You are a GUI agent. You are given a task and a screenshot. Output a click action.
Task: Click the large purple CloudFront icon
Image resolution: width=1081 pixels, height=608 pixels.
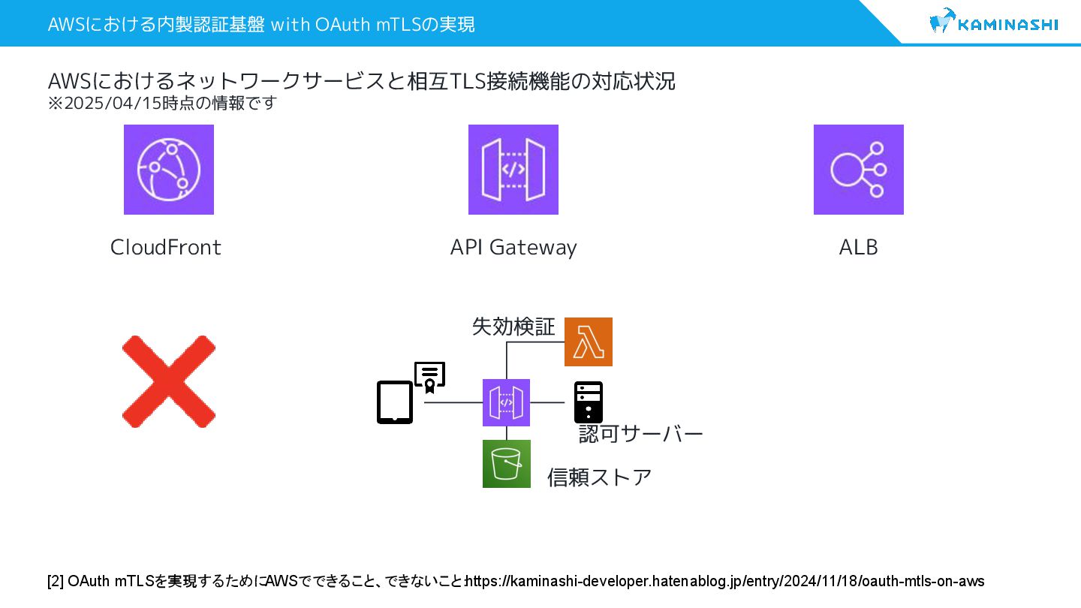169,170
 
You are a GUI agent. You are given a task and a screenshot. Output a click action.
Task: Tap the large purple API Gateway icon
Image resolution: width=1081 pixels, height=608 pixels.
513,170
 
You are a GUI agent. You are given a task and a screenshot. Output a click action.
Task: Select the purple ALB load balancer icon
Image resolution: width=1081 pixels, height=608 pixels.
859,170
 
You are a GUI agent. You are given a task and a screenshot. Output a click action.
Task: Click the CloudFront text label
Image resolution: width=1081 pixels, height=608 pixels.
166,247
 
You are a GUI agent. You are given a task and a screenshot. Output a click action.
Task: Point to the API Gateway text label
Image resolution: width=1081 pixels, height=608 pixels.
513,247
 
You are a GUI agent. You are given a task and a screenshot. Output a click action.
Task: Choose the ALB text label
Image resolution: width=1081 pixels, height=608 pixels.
858,247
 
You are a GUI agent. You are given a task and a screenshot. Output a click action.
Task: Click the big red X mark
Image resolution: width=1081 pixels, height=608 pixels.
169,381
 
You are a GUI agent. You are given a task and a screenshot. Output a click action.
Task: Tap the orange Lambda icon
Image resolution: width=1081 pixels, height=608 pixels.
589,342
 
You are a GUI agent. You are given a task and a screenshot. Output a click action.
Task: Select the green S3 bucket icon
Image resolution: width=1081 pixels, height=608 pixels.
507,464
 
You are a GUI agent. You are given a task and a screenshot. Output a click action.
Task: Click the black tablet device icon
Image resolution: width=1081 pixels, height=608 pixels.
395,402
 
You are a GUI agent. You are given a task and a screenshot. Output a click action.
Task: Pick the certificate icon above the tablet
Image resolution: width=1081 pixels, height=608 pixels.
429,378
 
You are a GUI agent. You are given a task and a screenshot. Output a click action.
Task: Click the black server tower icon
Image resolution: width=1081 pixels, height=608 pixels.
589,402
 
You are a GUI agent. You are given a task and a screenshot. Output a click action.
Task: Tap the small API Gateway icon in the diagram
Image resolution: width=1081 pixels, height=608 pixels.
506,402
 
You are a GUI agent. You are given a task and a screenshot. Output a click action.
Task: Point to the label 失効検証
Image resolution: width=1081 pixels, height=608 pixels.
513,327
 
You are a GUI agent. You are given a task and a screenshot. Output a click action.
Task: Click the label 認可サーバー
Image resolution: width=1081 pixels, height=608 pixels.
640,434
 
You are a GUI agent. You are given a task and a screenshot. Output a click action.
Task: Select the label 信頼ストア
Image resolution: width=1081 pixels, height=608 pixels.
599,477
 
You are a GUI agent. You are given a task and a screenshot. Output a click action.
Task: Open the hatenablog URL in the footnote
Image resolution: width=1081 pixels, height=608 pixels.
726,581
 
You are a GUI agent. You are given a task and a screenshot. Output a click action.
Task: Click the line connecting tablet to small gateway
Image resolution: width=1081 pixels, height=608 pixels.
453,403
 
